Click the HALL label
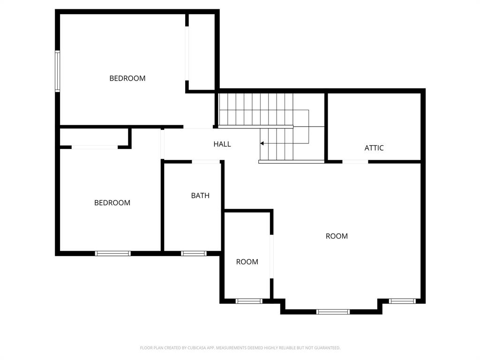tap(222, 144)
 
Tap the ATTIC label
tap(374, 148)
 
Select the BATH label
tap(200, 195)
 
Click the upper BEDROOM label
tap(127, 78)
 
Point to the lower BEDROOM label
tap(112, 202)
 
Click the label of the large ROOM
tap(337, 236)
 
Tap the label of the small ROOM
tap(247, 262)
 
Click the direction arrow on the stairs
tap(262, 143)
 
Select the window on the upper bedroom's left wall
tap(58, 70)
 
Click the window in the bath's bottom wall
tap(194, 254)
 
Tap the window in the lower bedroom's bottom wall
tap(113, 254)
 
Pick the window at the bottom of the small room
tap(248, 301)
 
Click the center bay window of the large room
tap(333, 312)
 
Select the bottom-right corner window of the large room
tap(402, 301)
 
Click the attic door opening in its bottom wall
tap(355, 162)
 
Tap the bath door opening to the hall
tap(206, 162)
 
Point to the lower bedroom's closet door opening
tap(94, 147)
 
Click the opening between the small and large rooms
tap(271, 256)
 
